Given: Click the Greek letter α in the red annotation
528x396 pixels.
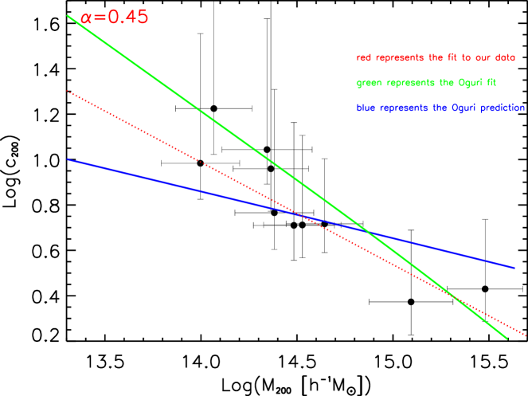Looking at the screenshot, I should [86, 18].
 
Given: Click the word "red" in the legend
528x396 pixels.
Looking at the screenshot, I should [363, 57].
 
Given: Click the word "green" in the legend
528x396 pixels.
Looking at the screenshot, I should [368, 82].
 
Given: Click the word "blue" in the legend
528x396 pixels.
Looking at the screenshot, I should [366, 107].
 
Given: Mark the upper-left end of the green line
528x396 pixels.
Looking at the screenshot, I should [68, 15].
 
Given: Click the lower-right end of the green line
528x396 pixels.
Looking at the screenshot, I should [507, 339].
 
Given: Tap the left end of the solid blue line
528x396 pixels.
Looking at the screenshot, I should [68, 159].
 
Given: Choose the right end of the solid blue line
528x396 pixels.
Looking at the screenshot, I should [514, 268].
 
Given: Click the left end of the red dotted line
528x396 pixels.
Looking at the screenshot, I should [68, 91].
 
